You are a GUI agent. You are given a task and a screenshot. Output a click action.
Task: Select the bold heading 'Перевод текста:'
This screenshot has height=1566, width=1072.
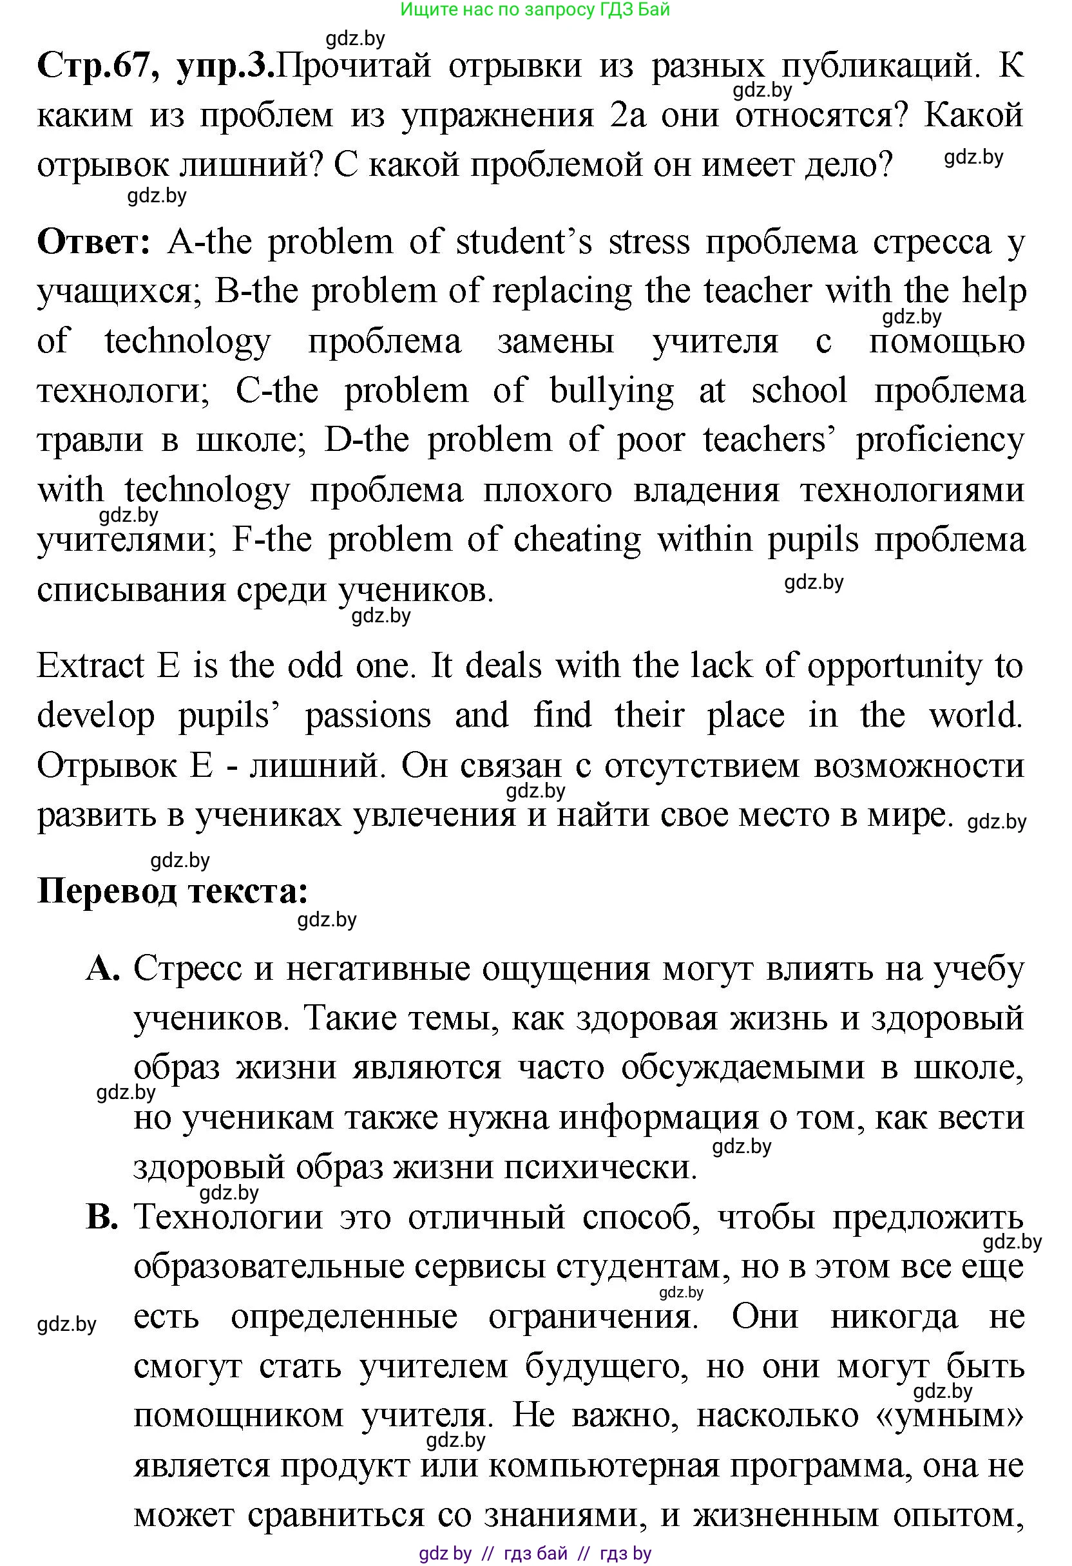(x=173, y=891)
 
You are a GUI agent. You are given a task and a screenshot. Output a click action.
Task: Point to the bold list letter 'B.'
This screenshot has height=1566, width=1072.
(x=103, y=1217)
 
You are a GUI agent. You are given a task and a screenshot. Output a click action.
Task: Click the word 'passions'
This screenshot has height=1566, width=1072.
(x=368, y=716)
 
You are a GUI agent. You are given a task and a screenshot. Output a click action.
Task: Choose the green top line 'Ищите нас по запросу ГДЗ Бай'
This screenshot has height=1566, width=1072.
(x=535, y=10)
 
